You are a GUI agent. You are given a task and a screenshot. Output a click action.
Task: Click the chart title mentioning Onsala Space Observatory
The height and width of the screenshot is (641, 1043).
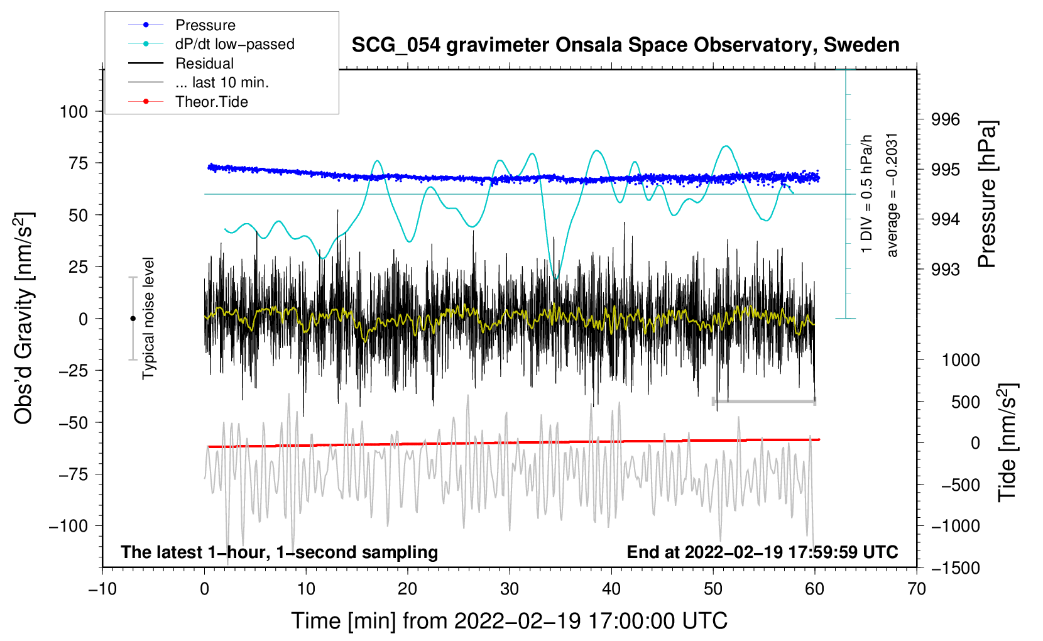click(625, 45)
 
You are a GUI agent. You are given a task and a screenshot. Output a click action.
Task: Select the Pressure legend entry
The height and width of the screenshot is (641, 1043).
click(205, 25)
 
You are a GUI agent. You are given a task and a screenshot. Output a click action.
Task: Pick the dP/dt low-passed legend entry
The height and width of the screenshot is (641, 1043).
click(234, 44)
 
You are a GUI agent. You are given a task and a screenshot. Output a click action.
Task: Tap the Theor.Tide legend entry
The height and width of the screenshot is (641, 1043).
click(211, 102)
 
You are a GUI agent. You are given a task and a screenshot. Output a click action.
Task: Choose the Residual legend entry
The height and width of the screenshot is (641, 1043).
click(204, 63)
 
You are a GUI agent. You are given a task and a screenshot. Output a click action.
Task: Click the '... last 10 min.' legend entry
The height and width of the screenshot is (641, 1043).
click(222, 82)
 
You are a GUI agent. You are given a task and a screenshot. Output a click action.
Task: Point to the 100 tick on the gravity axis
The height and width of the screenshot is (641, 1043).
click(74, 112)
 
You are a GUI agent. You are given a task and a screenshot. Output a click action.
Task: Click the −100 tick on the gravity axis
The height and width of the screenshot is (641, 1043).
click(69, 526)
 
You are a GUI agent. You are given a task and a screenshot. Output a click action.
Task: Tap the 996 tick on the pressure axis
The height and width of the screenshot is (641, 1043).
click(946, 119)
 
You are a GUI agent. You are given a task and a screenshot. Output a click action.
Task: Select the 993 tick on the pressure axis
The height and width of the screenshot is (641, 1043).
click(946, 270)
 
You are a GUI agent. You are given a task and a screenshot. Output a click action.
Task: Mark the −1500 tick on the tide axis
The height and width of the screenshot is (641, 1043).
click(955, 567)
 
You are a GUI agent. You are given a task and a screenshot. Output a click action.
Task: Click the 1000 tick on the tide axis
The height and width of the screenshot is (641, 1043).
click(960, 360)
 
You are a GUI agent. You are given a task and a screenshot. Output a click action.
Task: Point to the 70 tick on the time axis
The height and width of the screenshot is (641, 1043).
click(917, 589)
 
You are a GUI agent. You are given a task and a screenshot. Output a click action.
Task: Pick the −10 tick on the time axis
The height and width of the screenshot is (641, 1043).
click(102, 589)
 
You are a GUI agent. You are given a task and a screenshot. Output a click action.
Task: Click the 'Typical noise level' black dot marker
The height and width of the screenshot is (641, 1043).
click(133, 319)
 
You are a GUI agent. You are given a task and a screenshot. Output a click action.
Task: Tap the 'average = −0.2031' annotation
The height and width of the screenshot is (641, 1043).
click(892, 195)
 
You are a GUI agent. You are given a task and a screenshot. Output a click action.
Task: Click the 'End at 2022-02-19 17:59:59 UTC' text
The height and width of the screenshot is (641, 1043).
click(762, 552)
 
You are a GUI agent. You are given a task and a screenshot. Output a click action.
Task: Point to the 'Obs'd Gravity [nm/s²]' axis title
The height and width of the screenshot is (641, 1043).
click(24, 319)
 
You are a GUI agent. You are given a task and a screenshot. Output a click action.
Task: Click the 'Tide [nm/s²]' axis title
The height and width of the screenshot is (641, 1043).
click(1007, 442)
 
